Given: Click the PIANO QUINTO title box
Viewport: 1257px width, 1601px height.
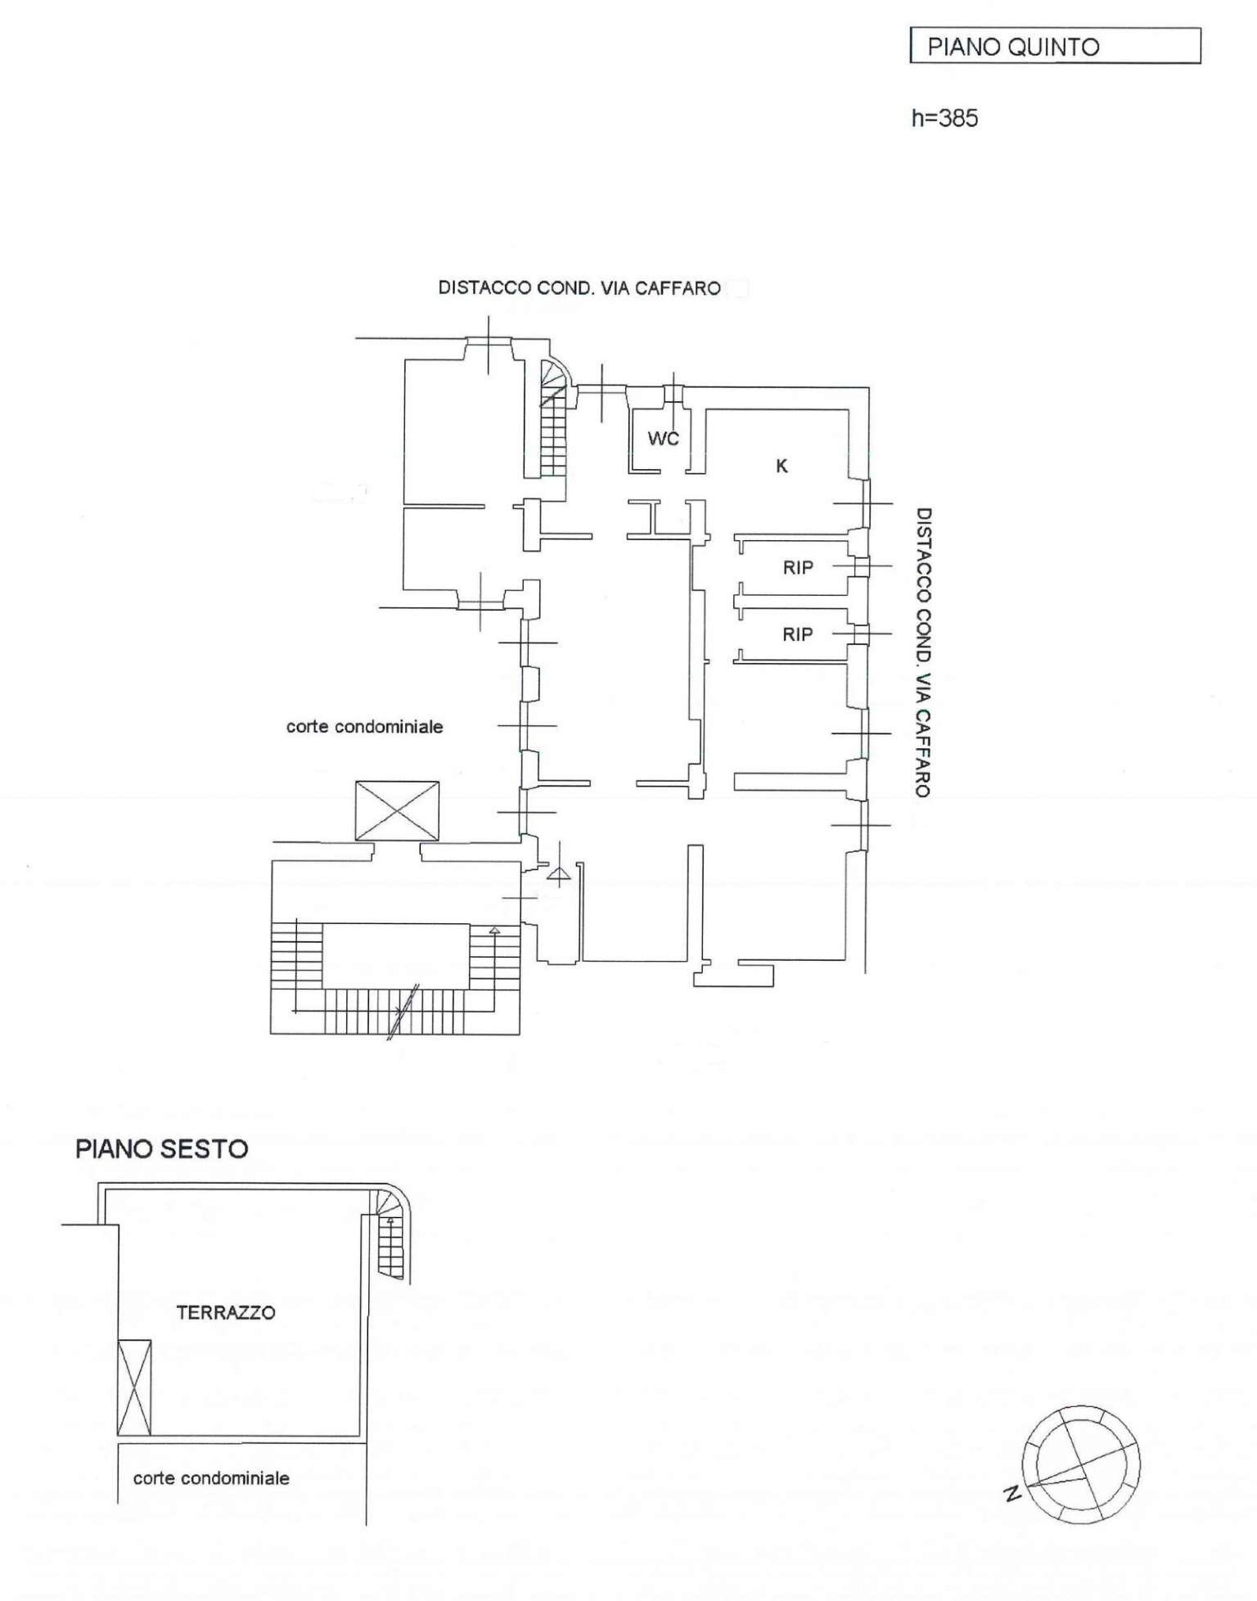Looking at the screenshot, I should tap(1054, 46).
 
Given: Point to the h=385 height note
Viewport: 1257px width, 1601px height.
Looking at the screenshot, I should tap(944, 118).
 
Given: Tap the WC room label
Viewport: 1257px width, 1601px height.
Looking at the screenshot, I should tap(663, 439).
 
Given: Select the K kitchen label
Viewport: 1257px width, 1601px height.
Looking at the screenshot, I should tap(782, 466).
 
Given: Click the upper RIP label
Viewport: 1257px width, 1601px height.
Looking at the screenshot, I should tap(797, 566).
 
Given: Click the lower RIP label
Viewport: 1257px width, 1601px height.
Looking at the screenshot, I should tap(797, 634).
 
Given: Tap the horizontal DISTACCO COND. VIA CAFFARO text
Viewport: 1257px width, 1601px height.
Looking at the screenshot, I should tap(579, 288).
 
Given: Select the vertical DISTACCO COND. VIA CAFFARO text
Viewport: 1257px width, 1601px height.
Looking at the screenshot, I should tap(922, 652).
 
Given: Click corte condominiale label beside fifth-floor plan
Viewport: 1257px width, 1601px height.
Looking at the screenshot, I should tap(364, 726).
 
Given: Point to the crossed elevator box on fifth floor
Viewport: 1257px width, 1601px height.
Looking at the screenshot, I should tap(397, 810).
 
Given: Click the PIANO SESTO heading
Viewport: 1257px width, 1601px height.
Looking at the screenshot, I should tap(161, 1148).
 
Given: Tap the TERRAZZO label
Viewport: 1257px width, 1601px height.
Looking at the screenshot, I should tap(226, 1312).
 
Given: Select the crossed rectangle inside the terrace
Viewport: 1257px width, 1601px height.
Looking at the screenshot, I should tap(135, 1387).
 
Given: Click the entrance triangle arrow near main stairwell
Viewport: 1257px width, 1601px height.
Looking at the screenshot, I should tap(559, 876).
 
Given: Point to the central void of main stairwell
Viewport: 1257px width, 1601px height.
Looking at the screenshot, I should tap(395, 955).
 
